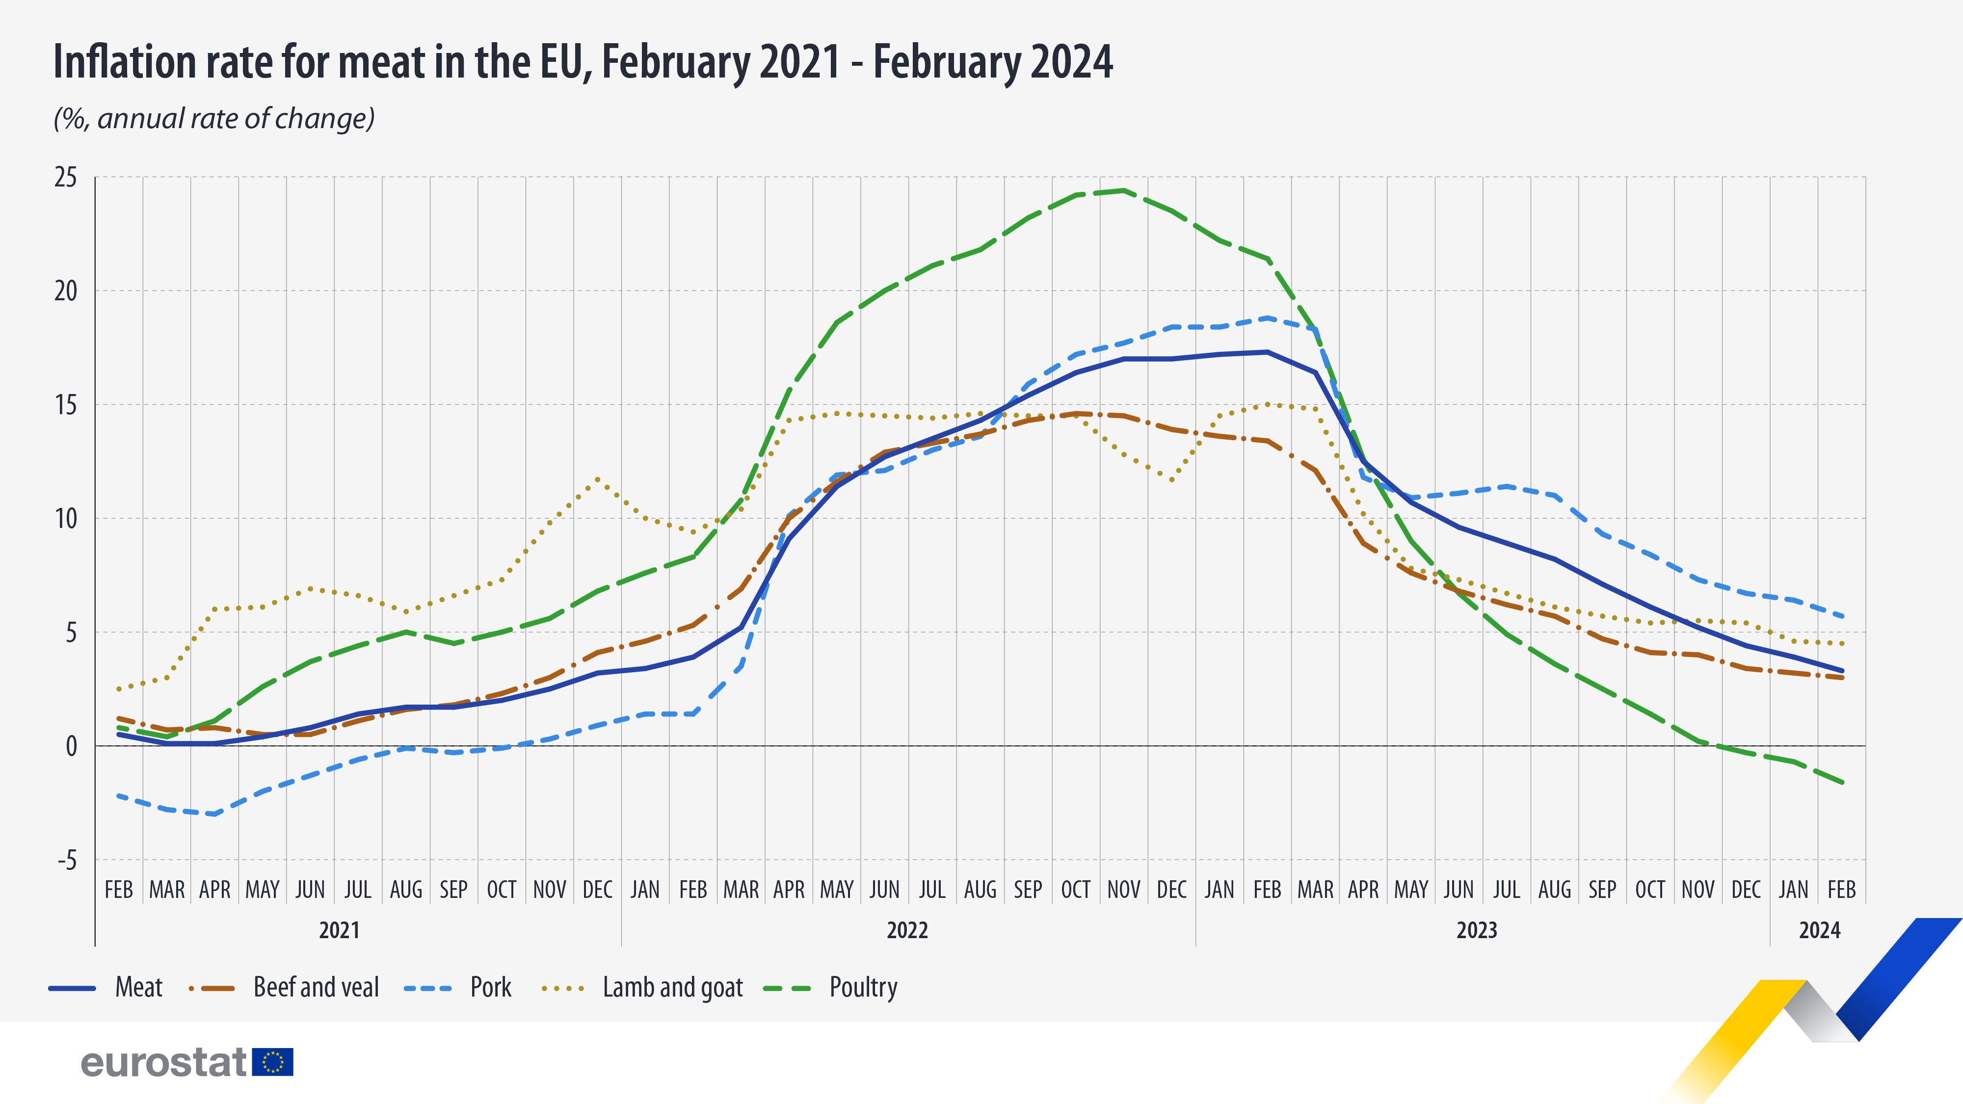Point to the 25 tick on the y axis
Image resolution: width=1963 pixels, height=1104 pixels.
point(66,178)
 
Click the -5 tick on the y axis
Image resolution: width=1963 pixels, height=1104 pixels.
point(67,860)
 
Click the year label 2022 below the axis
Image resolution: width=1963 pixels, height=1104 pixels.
point(907,930)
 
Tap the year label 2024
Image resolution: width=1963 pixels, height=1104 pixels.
point(1819,930)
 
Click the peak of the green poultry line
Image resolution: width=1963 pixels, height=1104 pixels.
point(1123,190)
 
